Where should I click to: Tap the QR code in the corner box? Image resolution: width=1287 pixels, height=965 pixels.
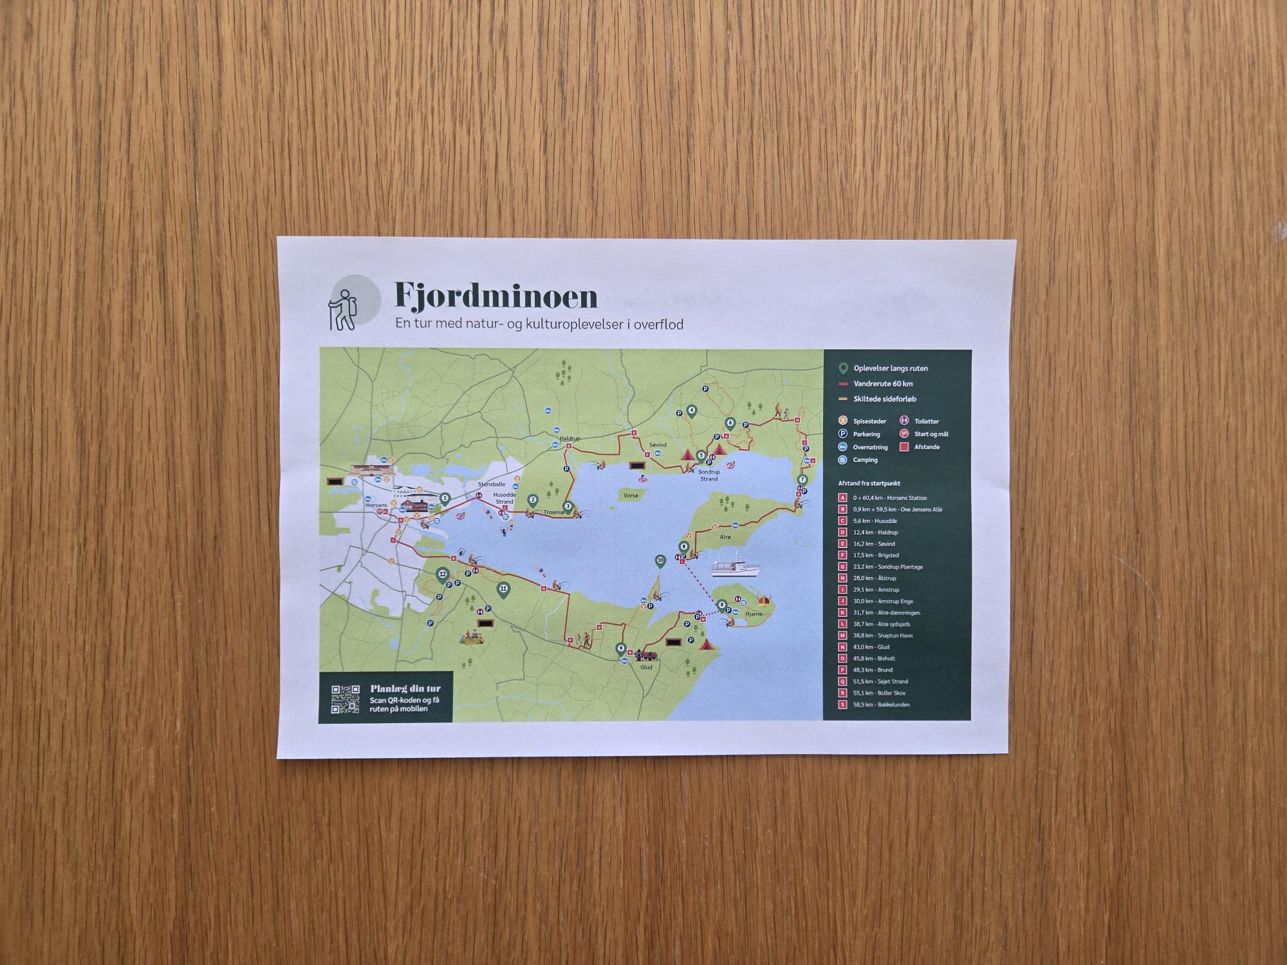345,699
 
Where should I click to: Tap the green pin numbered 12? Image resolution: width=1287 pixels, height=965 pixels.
442,574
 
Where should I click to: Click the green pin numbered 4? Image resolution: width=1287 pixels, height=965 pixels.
692,411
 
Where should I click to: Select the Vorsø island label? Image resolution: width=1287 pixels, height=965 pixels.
631,496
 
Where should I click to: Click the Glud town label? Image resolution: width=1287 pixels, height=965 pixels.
646,667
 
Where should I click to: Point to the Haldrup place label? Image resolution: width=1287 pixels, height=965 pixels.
569,439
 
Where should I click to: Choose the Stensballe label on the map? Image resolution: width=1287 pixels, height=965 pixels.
492,484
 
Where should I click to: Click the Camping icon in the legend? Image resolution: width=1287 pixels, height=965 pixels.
842,460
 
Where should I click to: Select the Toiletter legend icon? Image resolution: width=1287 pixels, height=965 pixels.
904,421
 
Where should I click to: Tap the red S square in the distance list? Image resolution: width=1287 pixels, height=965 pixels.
843,705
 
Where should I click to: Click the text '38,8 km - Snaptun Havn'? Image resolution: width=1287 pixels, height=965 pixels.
883,636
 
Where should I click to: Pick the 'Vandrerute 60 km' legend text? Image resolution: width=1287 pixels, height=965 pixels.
883,384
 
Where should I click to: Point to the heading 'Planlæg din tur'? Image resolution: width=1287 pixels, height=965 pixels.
405,689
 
